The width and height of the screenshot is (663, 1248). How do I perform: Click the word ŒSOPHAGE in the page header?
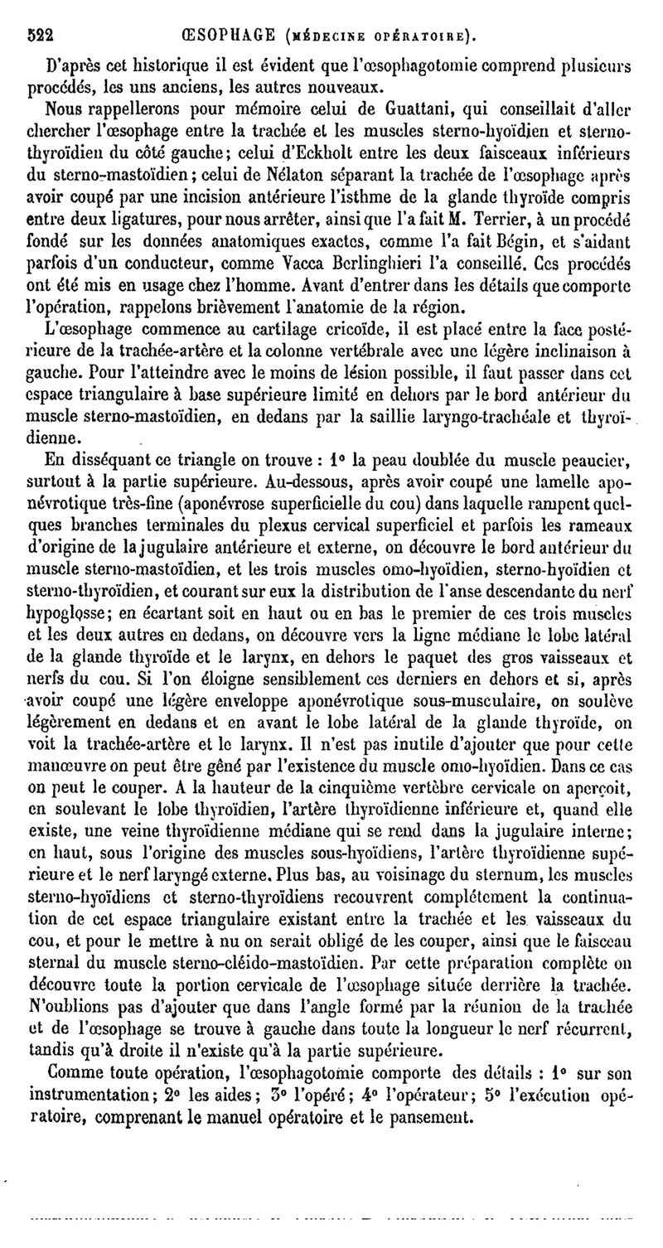230,35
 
